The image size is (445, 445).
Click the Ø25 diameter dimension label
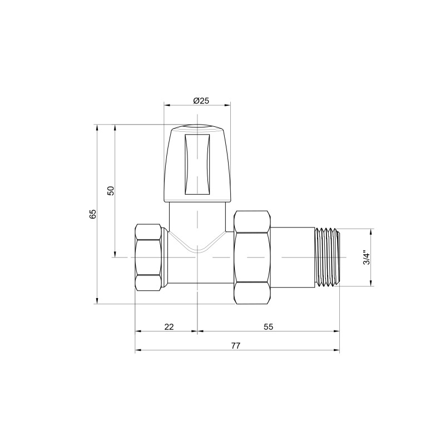(201, 101)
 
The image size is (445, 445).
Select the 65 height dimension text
(93, 214)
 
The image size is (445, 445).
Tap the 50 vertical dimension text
(111, 190)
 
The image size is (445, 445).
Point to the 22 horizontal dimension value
(169, 327)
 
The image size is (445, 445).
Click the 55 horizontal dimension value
(268, 327)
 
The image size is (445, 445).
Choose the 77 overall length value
(235, 346)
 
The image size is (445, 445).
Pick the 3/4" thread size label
(365, 258)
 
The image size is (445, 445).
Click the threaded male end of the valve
(328, 257)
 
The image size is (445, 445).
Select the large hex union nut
(253, 257)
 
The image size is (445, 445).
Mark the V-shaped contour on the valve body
(197, 245)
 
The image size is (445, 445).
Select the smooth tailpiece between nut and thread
(293, 257)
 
